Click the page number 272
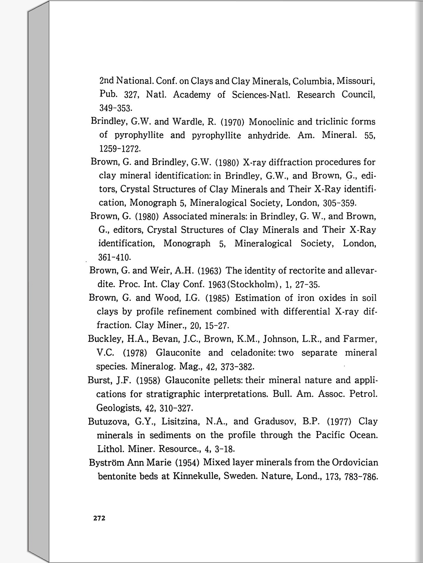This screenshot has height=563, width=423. (99, 518)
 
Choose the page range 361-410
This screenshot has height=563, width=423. (114, 257)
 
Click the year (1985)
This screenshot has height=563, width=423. (217, 298)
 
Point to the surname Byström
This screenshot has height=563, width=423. (107, 462)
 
